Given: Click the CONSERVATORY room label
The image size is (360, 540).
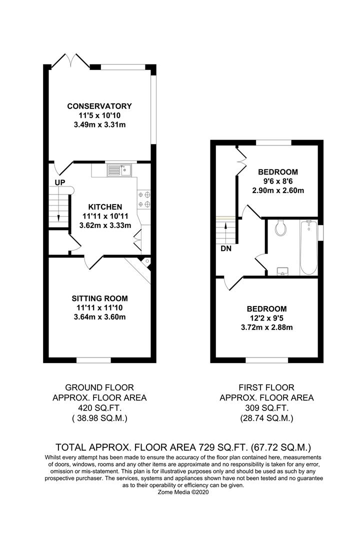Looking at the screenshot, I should (99, 106).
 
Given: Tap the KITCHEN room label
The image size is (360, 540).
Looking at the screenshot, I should (105, 206).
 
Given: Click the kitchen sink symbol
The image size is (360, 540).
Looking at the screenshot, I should (118, 170).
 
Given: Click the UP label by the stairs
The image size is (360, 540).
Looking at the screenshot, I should (59, 182).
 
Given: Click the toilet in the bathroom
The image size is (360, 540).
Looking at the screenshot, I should (281, 228).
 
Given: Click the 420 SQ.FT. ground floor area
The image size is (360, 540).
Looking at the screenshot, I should (99, 408).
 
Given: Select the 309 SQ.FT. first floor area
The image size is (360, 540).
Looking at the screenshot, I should (266, 408).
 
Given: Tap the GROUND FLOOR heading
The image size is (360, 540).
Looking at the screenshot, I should (99, 387).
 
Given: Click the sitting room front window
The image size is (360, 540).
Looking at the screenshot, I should (93, 359).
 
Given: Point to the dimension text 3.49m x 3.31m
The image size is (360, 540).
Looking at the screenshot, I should (99, 124).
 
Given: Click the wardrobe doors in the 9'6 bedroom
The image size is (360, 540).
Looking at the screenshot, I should (240, 161).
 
